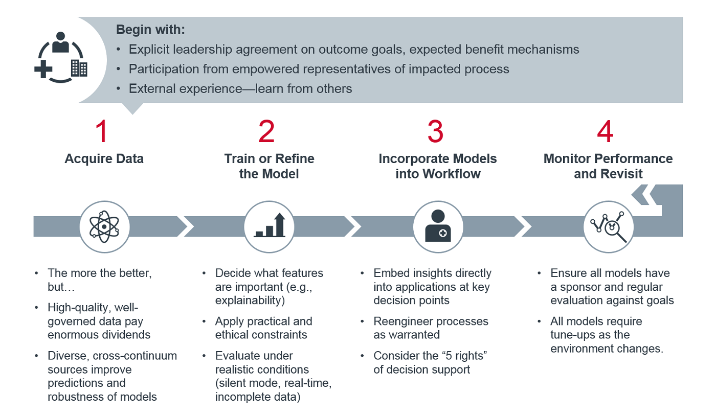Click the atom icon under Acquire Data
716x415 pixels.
coord(104,226)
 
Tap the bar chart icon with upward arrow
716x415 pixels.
coord(269,226)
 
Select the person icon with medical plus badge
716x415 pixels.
coord(438,226)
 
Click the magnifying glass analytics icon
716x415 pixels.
coord(608,226)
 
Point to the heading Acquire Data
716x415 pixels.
coord(104,158)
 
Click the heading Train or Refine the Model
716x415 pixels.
coord(269,166)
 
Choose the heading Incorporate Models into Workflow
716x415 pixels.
coord(438,166)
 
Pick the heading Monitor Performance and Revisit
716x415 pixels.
coord(608,166)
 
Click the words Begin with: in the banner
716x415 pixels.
coord(150,30)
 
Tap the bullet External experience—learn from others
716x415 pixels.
coord(240,88)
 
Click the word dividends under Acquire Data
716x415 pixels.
coord(124,335)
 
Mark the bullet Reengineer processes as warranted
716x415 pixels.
coord(431,328)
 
